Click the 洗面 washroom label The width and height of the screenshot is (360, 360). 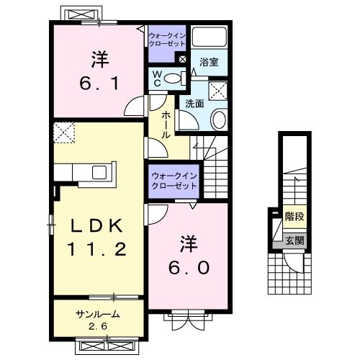point(194,104)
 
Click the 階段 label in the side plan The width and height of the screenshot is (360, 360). point(293,215)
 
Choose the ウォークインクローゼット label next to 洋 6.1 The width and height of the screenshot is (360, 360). point(167,40)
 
